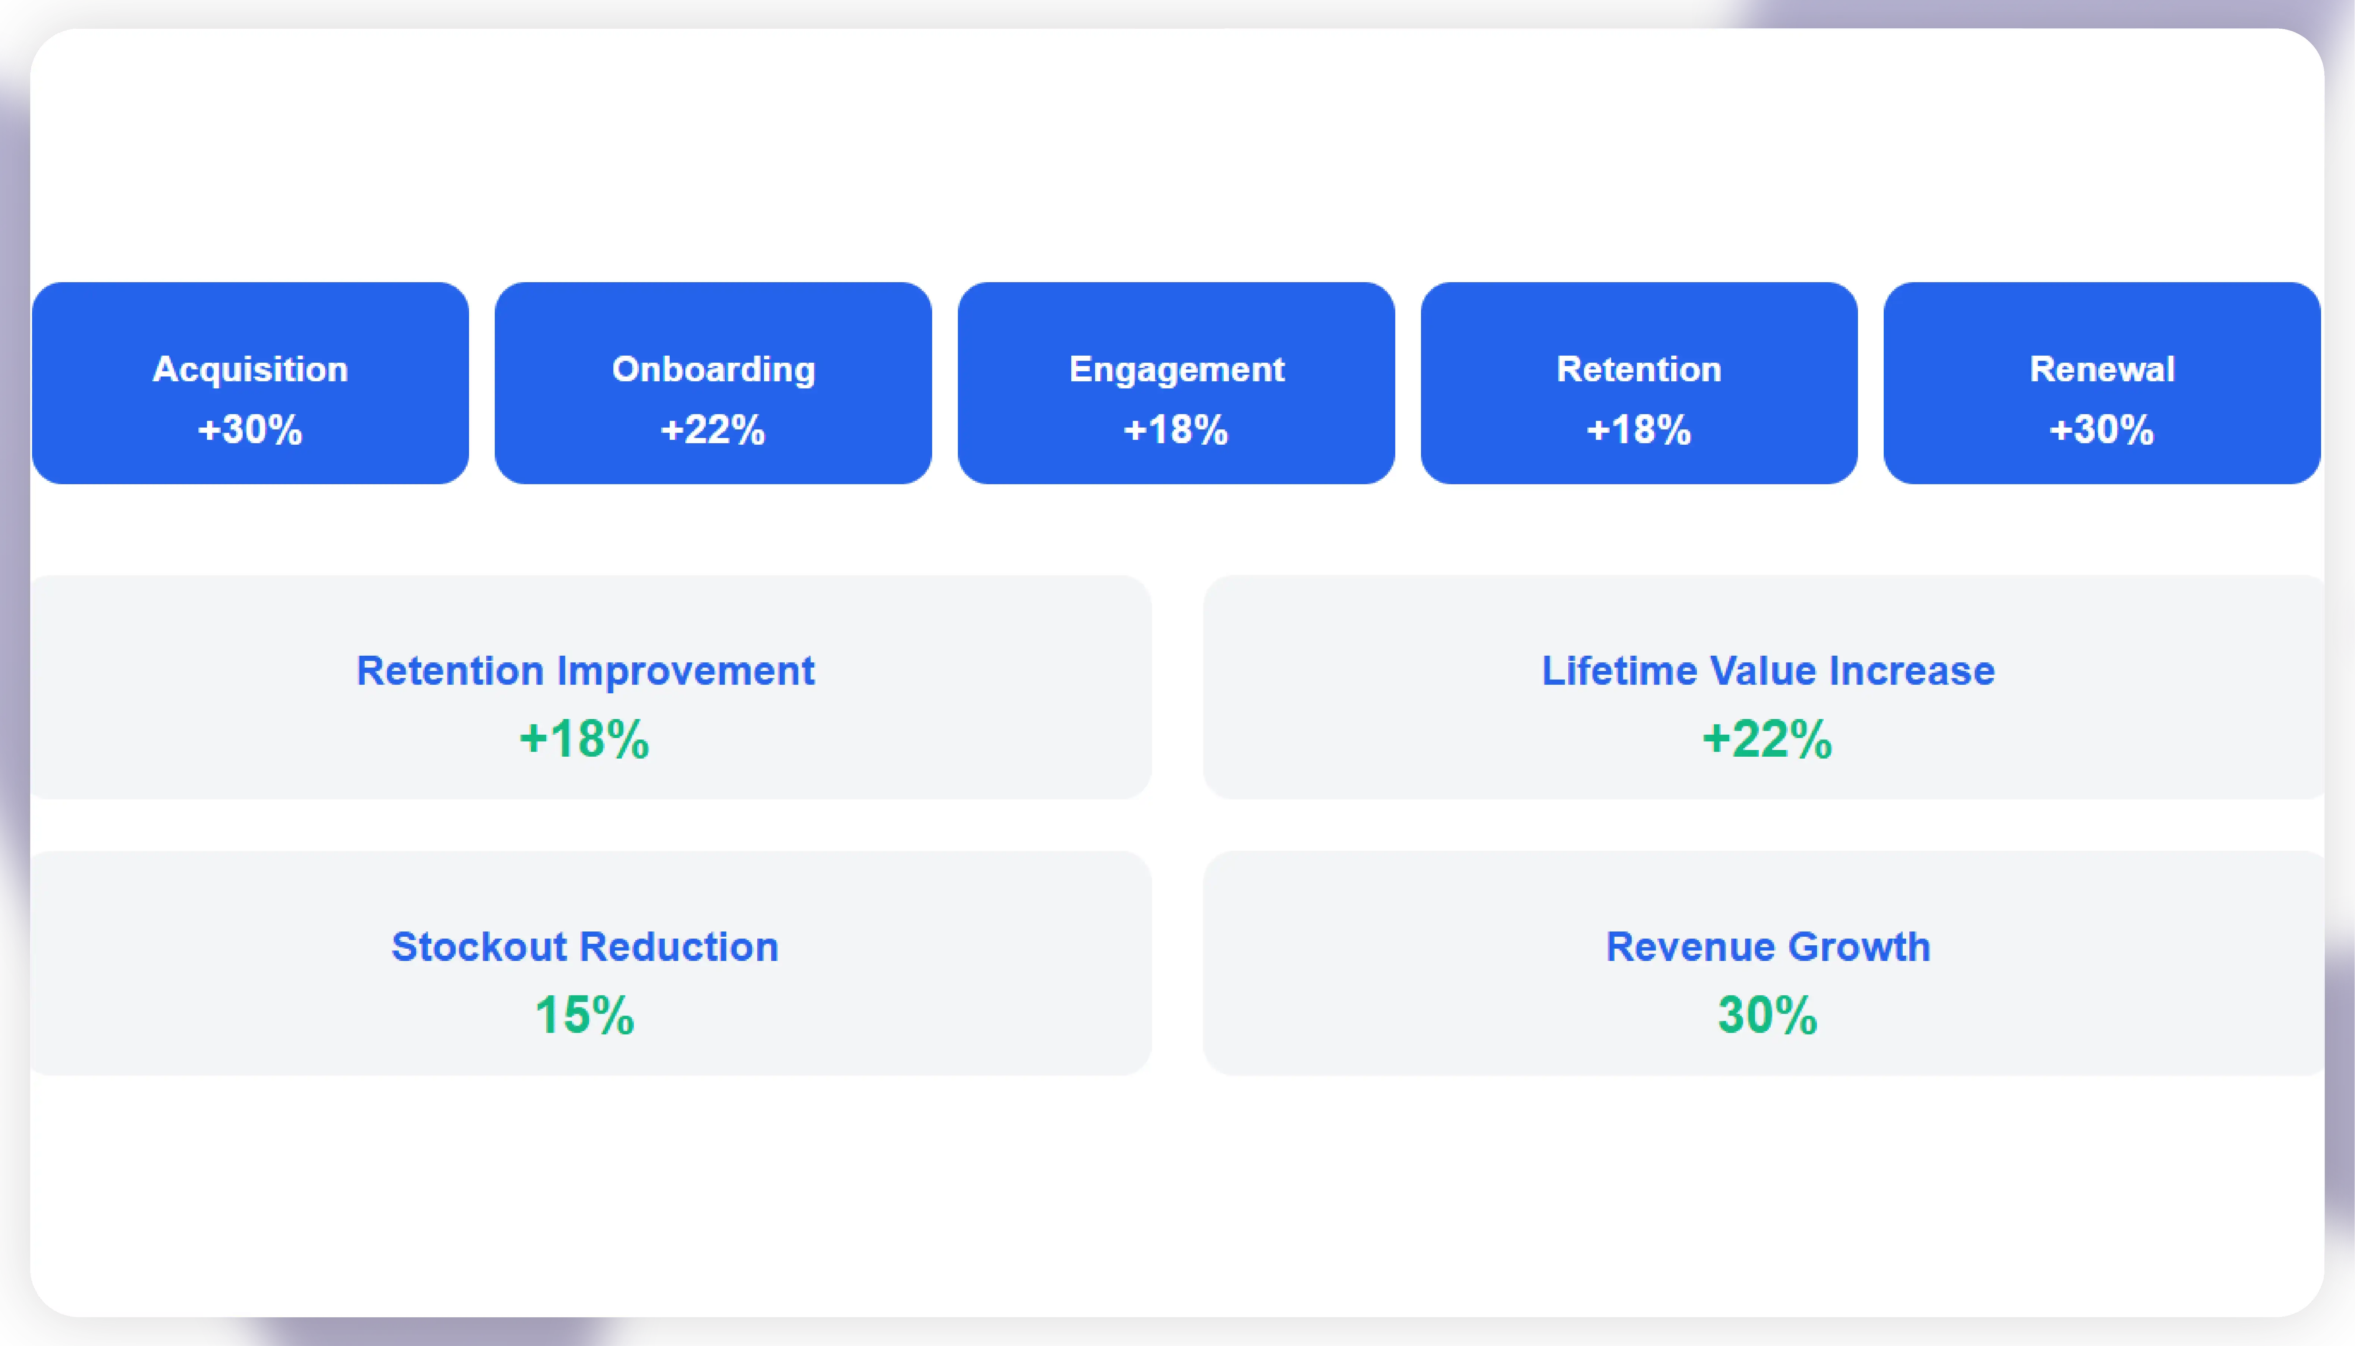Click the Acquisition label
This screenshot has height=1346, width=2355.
(x=250, y=370)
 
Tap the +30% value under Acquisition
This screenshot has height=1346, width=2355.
(x=250, y=430)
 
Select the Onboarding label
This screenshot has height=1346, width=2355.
(x=713, y=370)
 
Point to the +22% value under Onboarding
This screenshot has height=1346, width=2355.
(x=713, y=430)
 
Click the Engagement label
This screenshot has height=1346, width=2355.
(x=1176, y=370)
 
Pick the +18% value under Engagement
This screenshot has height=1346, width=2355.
(x=1176, y=430)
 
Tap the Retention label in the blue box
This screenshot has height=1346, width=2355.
(x=1638, y=370)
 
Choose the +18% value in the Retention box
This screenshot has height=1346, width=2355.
(x=1638, y=430)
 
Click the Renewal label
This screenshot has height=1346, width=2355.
(x=2102, y=370)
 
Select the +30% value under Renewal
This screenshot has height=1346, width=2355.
(x=2102, y=430)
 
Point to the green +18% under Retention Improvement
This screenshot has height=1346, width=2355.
(x=584, y=740)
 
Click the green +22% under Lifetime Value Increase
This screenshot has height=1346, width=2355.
(x=1767, y=740)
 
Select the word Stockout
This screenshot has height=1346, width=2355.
(x=479, y=948)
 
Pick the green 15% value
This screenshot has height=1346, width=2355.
(x=584, y=1015)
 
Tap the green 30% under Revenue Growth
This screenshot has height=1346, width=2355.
(x=1767, y=1015)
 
